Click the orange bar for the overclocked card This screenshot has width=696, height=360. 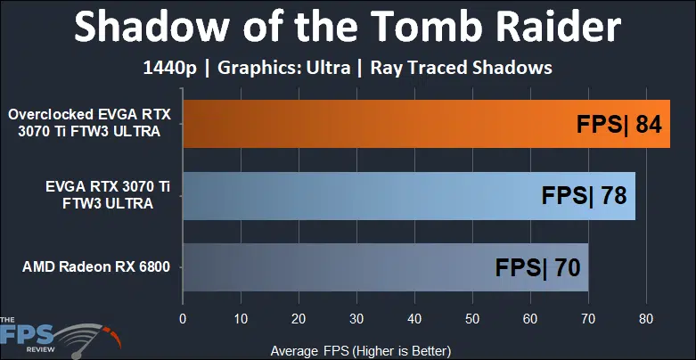(x=427, y=124)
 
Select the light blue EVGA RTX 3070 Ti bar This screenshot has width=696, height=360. (x=409, y=196)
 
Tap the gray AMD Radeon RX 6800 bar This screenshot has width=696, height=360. (x=386, y=267)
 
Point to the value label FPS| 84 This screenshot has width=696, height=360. (x=619, y=124)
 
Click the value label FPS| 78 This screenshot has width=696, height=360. (x=584, y=196)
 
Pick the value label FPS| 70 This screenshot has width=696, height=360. (x=537, y=267)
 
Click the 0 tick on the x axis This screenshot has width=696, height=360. (x=183, y=319)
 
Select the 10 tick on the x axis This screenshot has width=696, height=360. (x=241, y=319)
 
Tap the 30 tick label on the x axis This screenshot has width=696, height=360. (x=356, y=319)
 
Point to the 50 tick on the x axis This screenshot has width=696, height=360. (x=472, y=319)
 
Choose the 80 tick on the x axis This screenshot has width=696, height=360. (x=646, y=319)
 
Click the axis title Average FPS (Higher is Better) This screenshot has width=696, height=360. (x=360, y=351)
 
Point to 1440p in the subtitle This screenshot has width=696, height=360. (x=169, y=69)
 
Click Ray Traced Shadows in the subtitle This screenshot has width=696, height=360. (x=462, y=68)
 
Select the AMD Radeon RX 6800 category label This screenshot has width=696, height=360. (x=96, y=267)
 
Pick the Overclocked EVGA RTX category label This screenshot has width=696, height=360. (x=89, y=115)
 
